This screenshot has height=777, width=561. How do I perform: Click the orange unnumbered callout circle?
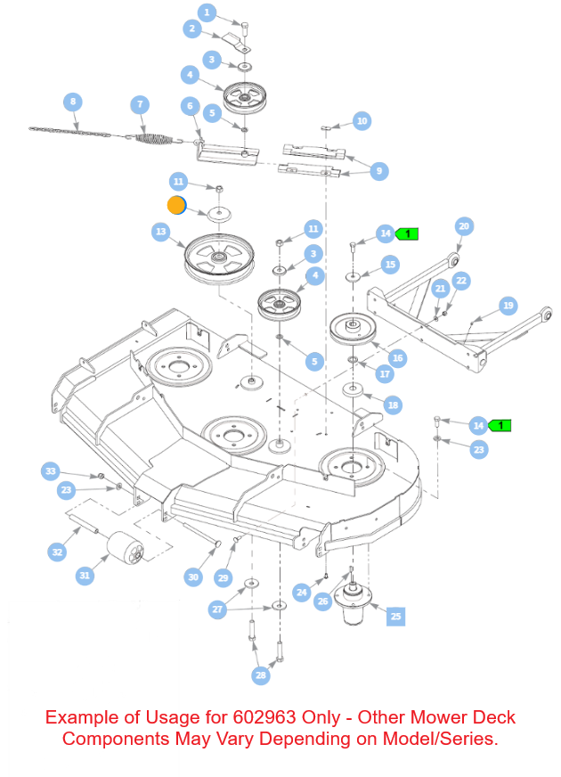(x=176, y=206)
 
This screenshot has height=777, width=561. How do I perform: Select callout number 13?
(x=160, y=232)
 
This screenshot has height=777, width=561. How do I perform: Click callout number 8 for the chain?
(x=73, y=102)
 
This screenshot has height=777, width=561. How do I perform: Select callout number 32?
(x=57, y=552)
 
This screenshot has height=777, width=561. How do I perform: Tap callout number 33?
(x=50, y=470)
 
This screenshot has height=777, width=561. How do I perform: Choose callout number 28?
(x=261, y=675)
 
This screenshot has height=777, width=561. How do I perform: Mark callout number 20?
(x=463, y=226)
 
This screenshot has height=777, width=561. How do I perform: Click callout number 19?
(x=508, y=306)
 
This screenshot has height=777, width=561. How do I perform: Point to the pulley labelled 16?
(x=354, y=330)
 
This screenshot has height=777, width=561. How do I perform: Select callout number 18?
(x=393, y=405)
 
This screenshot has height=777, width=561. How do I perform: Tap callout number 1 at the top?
(x=207, y=12)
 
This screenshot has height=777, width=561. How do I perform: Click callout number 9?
(x=379, y=171)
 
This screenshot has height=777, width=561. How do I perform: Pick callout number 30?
(x=193, y=577)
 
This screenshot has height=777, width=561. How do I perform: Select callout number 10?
(x=362, y=120)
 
